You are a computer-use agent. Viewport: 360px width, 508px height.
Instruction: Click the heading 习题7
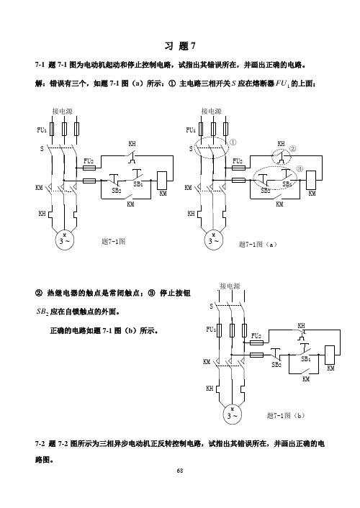click(x=180, y=46)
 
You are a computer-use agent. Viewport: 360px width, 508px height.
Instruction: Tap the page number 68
click(x=180, y=471)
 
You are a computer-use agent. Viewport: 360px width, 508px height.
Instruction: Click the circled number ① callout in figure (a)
click(x=233, y=142)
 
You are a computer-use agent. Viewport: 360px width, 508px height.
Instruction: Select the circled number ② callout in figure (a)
click(x=293, y=149)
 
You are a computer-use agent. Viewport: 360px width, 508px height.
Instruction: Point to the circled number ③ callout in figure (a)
click(x=300, y=169)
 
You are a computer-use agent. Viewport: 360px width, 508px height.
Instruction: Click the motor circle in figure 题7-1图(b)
click(x=233, y=414)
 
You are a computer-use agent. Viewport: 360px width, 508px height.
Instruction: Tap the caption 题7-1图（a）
click(x=258, y=244)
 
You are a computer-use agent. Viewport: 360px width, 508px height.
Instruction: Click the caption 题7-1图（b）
click(x=286, y=415)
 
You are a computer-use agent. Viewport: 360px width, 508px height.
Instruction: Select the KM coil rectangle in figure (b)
click(x=330, y=355)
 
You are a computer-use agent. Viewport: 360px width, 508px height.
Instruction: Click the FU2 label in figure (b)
click(x=256, y=335)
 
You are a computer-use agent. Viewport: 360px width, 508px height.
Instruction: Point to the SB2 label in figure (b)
click(x=276, y=365)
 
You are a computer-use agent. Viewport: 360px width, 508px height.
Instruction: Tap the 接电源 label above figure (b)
click(x=230, y=286)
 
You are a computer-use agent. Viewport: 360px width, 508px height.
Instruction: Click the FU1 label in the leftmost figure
click(x=42, y=130)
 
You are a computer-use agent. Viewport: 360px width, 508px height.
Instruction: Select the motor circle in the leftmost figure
click(x=65, y=240)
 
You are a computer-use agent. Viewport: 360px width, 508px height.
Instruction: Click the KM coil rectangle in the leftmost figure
click(x=162, y=180)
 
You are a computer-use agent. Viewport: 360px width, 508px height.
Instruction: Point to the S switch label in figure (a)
click(x=191, y=149)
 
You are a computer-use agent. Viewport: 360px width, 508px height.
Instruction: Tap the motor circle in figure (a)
click(x=214, y=240)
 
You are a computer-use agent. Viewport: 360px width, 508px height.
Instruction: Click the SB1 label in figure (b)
click(x=306, y=359)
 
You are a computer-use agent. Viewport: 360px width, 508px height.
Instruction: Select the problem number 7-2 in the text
click(x=40, y=444)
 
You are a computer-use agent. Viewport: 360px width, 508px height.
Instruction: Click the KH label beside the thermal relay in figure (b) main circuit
click(x=210, y=388)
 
